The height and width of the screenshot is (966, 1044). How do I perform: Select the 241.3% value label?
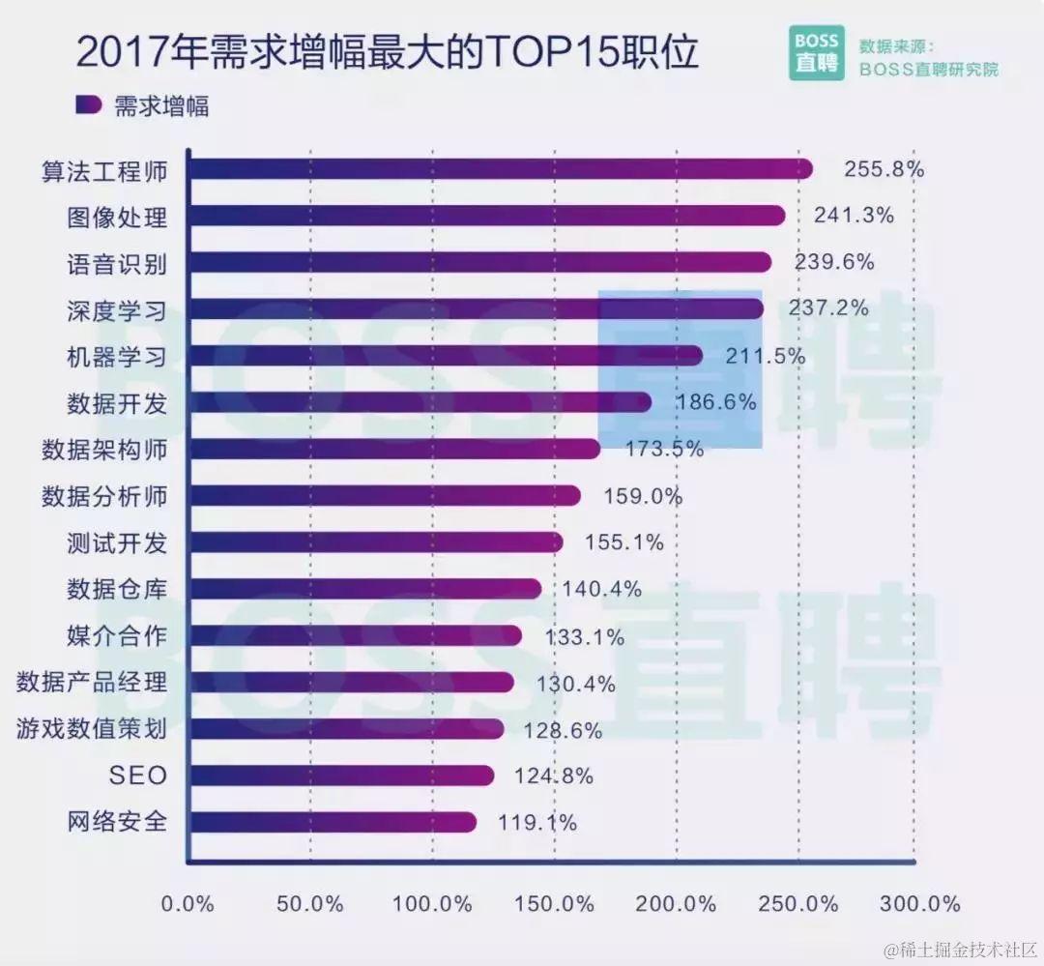click(854, 216)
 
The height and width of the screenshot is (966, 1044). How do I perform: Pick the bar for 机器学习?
click(445, 356)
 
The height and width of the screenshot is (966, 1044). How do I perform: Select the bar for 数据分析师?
click(384, 496)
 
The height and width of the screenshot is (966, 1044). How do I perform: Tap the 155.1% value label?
click(623, 543)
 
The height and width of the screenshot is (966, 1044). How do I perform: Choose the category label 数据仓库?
click(117, 590)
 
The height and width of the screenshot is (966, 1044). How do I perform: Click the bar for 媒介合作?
click(354, 636)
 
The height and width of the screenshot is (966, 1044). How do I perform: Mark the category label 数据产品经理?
click(92, 683)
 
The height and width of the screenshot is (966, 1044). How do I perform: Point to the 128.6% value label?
click(563, 730)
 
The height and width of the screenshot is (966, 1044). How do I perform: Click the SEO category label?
click(138, 776)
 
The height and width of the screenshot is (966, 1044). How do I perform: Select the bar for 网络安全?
click(332, 822)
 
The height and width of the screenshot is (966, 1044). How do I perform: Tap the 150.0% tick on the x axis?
click(555, 904)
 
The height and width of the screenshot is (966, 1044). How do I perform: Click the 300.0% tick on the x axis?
click(919, 904)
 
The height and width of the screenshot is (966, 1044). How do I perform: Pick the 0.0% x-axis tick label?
click(188, 904)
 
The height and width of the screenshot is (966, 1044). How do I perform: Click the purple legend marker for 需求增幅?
click(89, 105)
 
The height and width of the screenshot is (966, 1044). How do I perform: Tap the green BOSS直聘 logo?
click(816, 52)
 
